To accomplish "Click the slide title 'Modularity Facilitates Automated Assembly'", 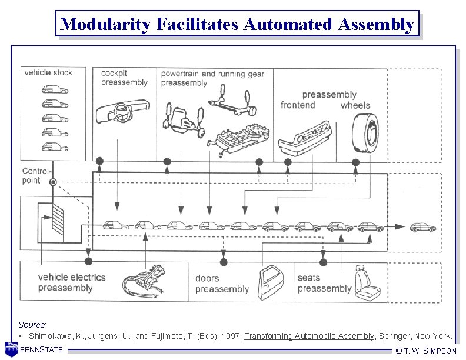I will (237, 24).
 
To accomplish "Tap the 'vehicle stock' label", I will (48, 73).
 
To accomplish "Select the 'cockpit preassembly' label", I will (124, 78).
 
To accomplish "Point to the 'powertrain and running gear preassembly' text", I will (212, 78).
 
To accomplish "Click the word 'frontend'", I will (298, 105).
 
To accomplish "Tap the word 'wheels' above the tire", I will (355, 105).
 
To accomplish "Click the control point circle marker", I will (53, 183).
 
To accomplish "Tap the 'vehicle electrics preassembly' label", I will (72, 282).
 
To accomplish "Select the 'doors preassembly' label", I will (222, 284).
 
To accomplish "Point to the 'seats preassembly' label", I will (324, 283).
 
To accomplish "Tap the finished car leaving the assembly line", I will (424, 226).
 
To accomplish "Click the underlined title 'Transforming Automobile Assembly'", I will (309, 336).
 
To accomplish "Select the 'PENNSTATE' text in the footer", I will (41, 351).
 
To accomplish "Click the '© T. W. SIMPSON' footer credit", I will (426, 351).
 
